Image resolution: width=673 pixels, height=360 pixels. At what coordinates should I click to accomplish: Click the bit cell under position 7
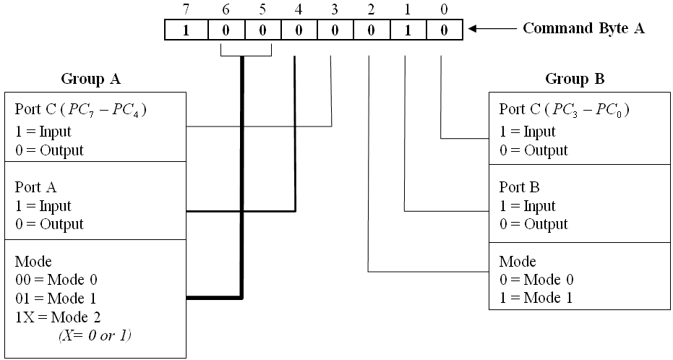point(186,30)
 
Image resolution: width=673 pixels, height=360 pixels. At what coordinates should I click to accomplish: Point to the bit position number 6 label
point(223,9)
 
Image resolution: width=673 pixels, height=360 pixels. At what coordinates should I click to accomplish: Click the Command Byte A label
point(583,29)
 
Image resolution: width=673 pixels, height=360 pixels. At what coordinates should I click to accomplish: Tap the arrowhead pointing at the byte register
point(473,30)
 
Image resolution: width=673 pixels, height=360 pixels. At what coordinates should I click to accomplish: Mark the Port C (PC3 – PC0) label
point(564,110)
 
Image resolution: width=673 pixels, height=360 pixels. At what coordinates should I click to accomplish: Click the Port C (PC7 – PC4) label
point(79,110)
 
